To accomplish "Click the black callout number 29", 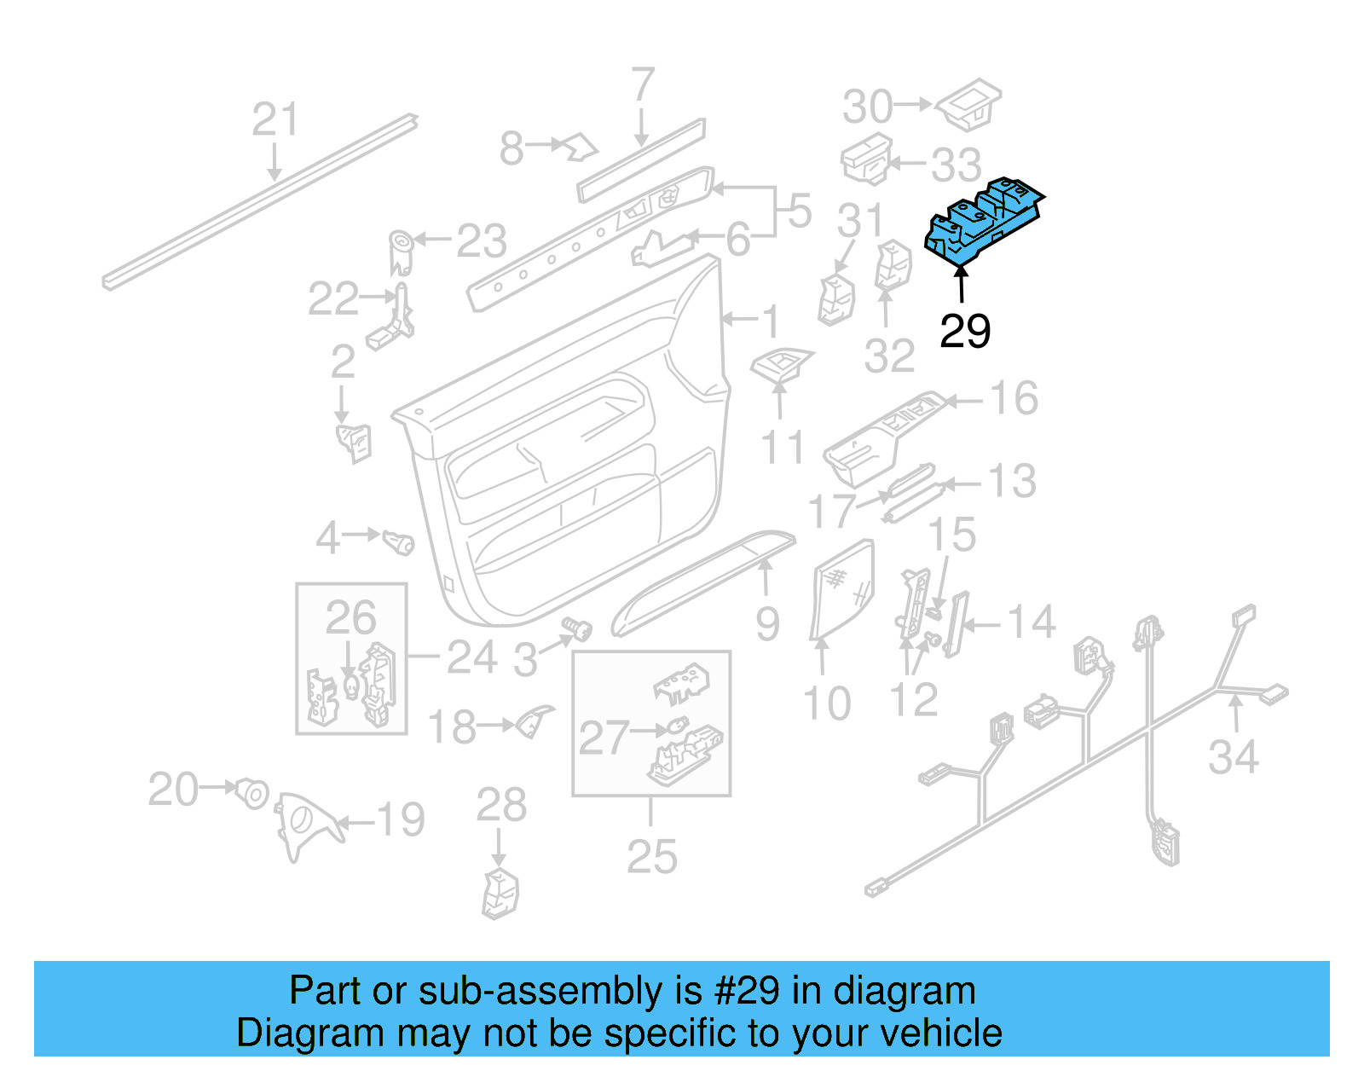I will (x=965, y=331).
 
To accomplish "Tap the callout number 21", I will (x=275, y=119).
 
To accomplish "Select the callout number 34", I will (x=1233, y=757).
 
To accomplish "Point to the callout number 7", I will (x=643, y=86).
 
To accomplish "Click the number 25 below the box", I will (x=651, y=857).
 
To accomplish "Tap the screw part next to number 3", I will (x=578, y=630).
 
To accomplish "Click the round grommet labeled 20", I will (x=252, y=792).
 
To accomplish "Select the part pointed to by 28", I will (x=500, y=894).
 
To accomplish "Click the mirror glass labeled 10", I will (x=842, y=588).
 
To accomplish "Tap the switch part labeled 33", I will (x=866, y=159).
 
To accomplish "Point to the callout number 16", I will (x=1014, y=398).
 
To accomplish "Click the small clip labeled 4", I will (x=398, y=541).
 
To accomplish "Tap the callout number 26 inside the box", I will (x=350, y=618).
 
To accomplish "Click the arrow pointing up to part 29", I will (x=962, y=285).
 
